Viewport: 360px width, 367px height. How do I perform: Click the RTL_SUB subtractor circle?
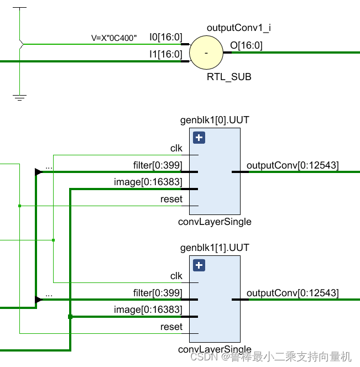[x=206, y=53]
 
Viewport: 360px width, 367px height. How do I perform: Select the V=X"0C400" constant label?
[x=114, y=39]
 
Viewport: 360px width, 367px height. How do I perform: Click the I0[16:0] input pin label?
[x=165, y=37]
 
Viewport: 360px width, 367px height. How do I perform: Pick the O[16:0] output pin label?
[x=246, y=45]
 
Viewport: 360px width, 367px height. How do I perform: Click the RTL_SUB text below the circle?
[x=229, y=77]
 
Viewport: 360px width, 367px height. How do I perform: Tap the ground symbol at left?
[x=20, y=98]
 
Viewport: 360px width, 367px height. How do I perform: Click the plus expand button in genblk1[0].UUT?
[x=199, y=138]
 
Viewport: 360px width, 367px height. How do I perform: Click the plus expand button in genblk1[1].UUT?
[x=199, y=265]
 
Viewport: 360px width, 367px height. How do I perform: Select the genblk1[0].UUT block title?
[x=211, y=120]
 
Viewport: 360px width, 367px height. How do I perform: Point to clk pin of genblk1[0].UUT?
[x=176, y=149]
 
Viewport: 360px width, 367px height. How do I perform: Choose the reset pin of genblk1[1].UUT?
[x=171, y=327]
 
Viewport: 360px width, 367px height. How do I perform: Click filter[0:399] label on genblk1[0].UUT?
[x=158, y=165]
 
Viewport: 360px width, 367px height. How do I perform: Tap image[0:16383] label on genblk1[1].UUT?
[x=148, y=310]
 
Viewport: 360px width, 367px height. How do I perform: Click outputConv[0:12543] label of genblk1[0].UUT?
[x=293, y=165]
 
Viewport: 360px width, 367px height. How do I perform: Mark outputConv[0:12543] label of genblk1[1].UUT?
[x=293, y=293]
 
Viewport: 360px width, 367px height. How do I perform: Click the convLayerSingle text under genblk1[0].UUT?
[x=215, y=222]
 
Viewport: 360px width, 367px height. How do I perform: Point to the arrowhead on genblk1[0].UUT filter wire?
[x=38, y=172]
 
